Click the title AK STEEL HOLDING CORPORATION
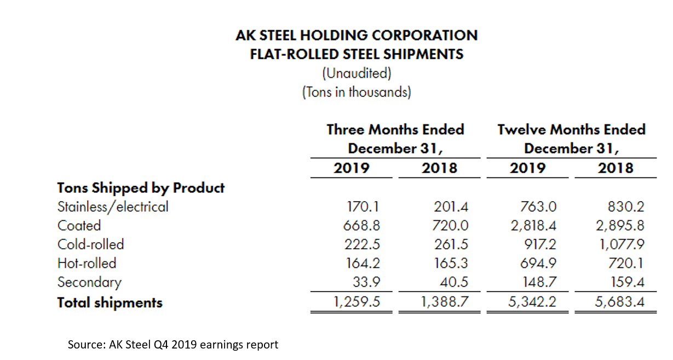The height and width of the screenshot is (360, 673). point(356,36)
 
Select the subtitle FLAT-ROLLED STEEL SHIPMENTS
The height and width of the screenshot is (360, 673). point(356,54)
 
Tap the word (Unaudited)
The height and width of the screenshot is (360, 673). point(356,73)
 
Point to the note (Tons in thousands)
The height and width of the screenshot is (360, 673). point(356,92)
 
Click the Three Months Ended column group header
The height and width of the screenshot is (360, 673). point(395,139)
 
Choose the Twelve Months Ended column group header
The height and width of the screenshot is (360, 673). point(571,139)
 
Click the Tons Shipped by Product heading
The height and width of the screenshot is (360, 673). point(141,188)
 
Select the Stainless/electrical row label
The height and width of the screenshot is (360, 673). point(113,207)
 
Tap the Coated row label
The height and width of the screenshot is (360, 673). point(79,226)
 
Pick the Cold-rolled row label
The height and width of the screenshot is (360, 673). point(90,244)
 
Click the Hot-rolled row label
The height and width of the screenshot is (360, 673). point(87,263)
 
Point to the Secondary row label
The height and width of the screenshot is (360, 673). point(89,282)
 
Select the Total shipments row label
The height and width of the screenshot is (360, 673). point(110,302)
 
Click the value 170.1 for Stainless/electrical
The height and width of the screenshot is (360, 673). point(363,207)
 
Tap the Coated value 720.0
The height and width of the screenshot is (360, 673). point(452,226)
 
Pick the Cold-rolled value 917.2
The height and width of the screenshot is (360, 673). point(540,244)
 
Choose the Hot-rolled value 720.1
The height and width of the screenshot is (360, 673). point(627,263)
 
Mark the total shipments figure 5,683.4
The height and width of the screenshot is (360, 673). point(619,302)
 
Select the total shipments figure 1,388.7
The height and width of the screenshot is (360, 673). point(445,302)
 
